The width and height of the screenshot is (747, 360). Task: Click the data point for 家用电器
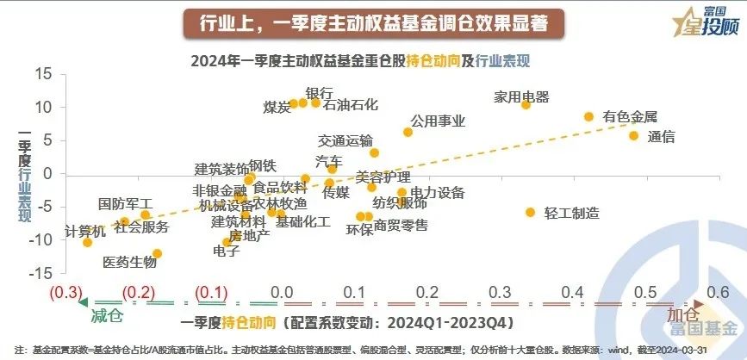(526, 104)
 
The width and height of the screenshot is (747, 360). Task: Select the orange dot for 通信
(633, 136)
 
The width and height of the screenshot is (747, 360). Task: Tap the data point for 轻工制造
(530, 212)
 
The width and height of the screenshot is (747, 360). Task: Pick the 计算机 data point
(87, 242)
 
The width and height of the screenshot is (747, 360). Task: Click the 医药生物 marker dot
(157, 253)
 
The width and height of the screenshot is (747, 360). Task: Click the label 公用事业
(438, 121)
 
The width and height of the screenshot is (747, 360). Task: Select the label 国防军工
(125, 204)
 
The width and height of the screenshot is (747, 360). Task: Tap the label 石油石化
(351, 105)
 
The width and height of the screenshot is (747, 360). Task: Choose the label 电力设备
(437, 193)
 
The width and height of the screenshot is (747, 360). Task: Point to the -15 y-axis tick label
(40, 273)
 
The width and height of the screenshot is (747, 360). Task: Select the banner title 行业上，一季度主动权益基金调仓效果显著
(373, 22)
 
